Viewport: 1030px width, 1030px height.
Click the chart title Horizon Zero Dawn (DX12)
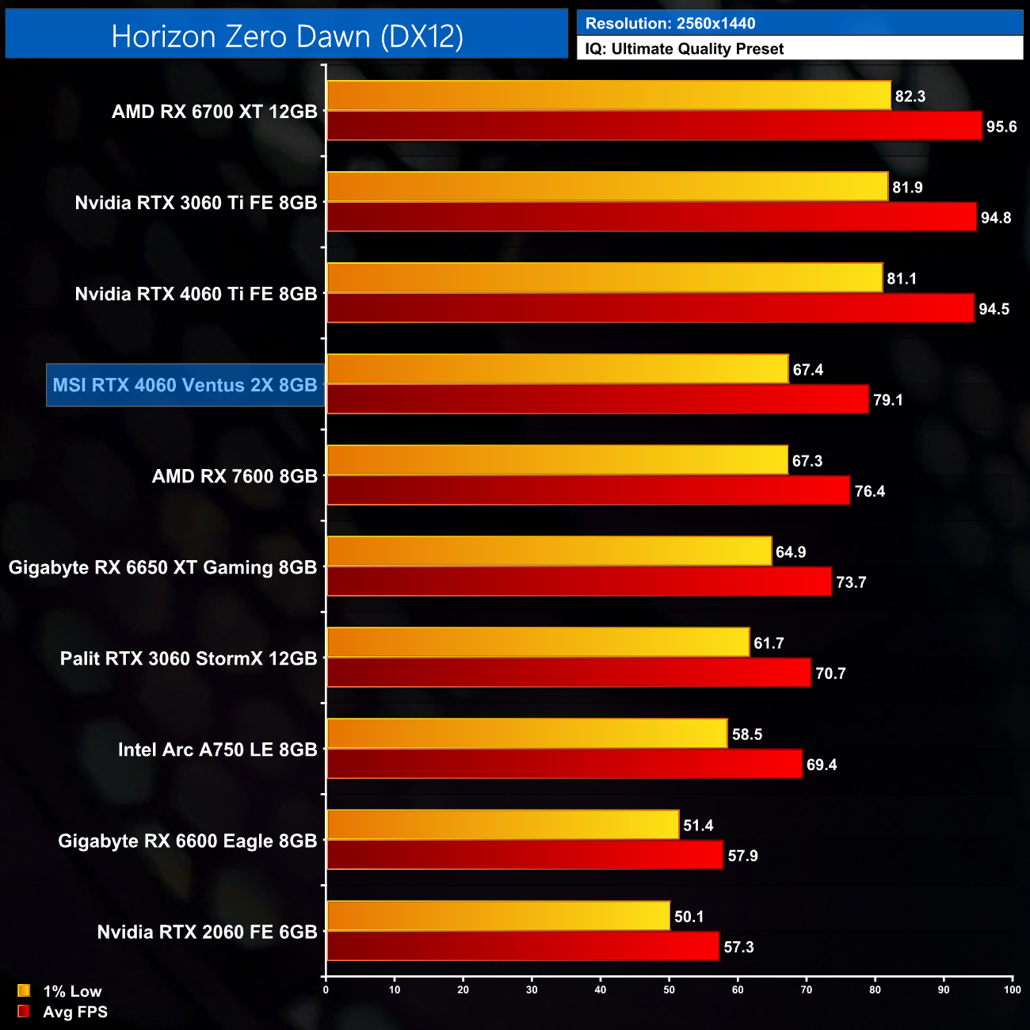coord(287,36)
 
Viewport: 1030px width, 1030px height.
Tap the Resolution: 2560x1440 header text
coord(670,24)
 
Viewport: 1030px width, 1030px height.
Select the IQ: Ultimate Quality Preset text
coord(685,49)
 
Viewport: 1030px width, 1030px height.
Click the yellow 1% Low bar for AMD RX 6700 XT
coord(608,96)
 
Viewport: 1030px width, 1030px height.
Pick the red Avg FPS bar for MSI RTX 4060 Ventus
coord(597,399)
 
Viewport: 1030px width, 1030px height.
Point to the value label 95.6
coord(1001,127)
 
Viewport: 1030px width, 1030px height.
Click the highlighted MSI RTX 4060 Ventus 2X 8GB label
coord(185,385)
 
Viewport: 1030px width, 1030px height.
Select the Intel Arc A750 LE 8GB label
coord(218,750)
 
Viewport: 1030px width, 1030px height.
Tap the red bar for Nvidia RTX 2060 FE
coord(523,946)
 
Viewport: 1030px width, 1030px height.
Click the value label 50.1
coord(689,917)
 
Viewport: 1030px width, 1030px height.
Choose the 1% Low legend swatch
coord(24,990)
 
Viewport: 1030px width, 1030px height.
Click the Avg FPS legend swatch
coord(24,1011)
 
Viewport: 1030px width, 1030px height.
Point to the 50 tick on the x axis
coord(669,989)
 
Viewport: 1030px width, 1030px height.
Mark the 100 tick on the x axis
coord(1012,989)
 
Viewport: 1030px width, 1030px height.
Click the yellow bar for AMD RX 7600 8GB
coord(557,460)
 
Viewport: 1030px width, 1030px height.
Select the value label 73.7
coord(851,582)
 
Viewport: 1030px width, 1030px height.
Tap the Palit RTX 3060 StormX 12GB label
coord(189,658)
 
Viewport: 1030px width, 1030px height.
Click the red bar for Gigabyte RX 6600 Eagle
coord(525,855)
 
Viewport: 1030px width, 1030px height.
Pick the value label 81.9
coord(908,188)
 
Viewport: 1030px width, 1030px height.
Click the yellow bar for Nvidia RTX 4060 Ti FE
coord(605,278)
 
